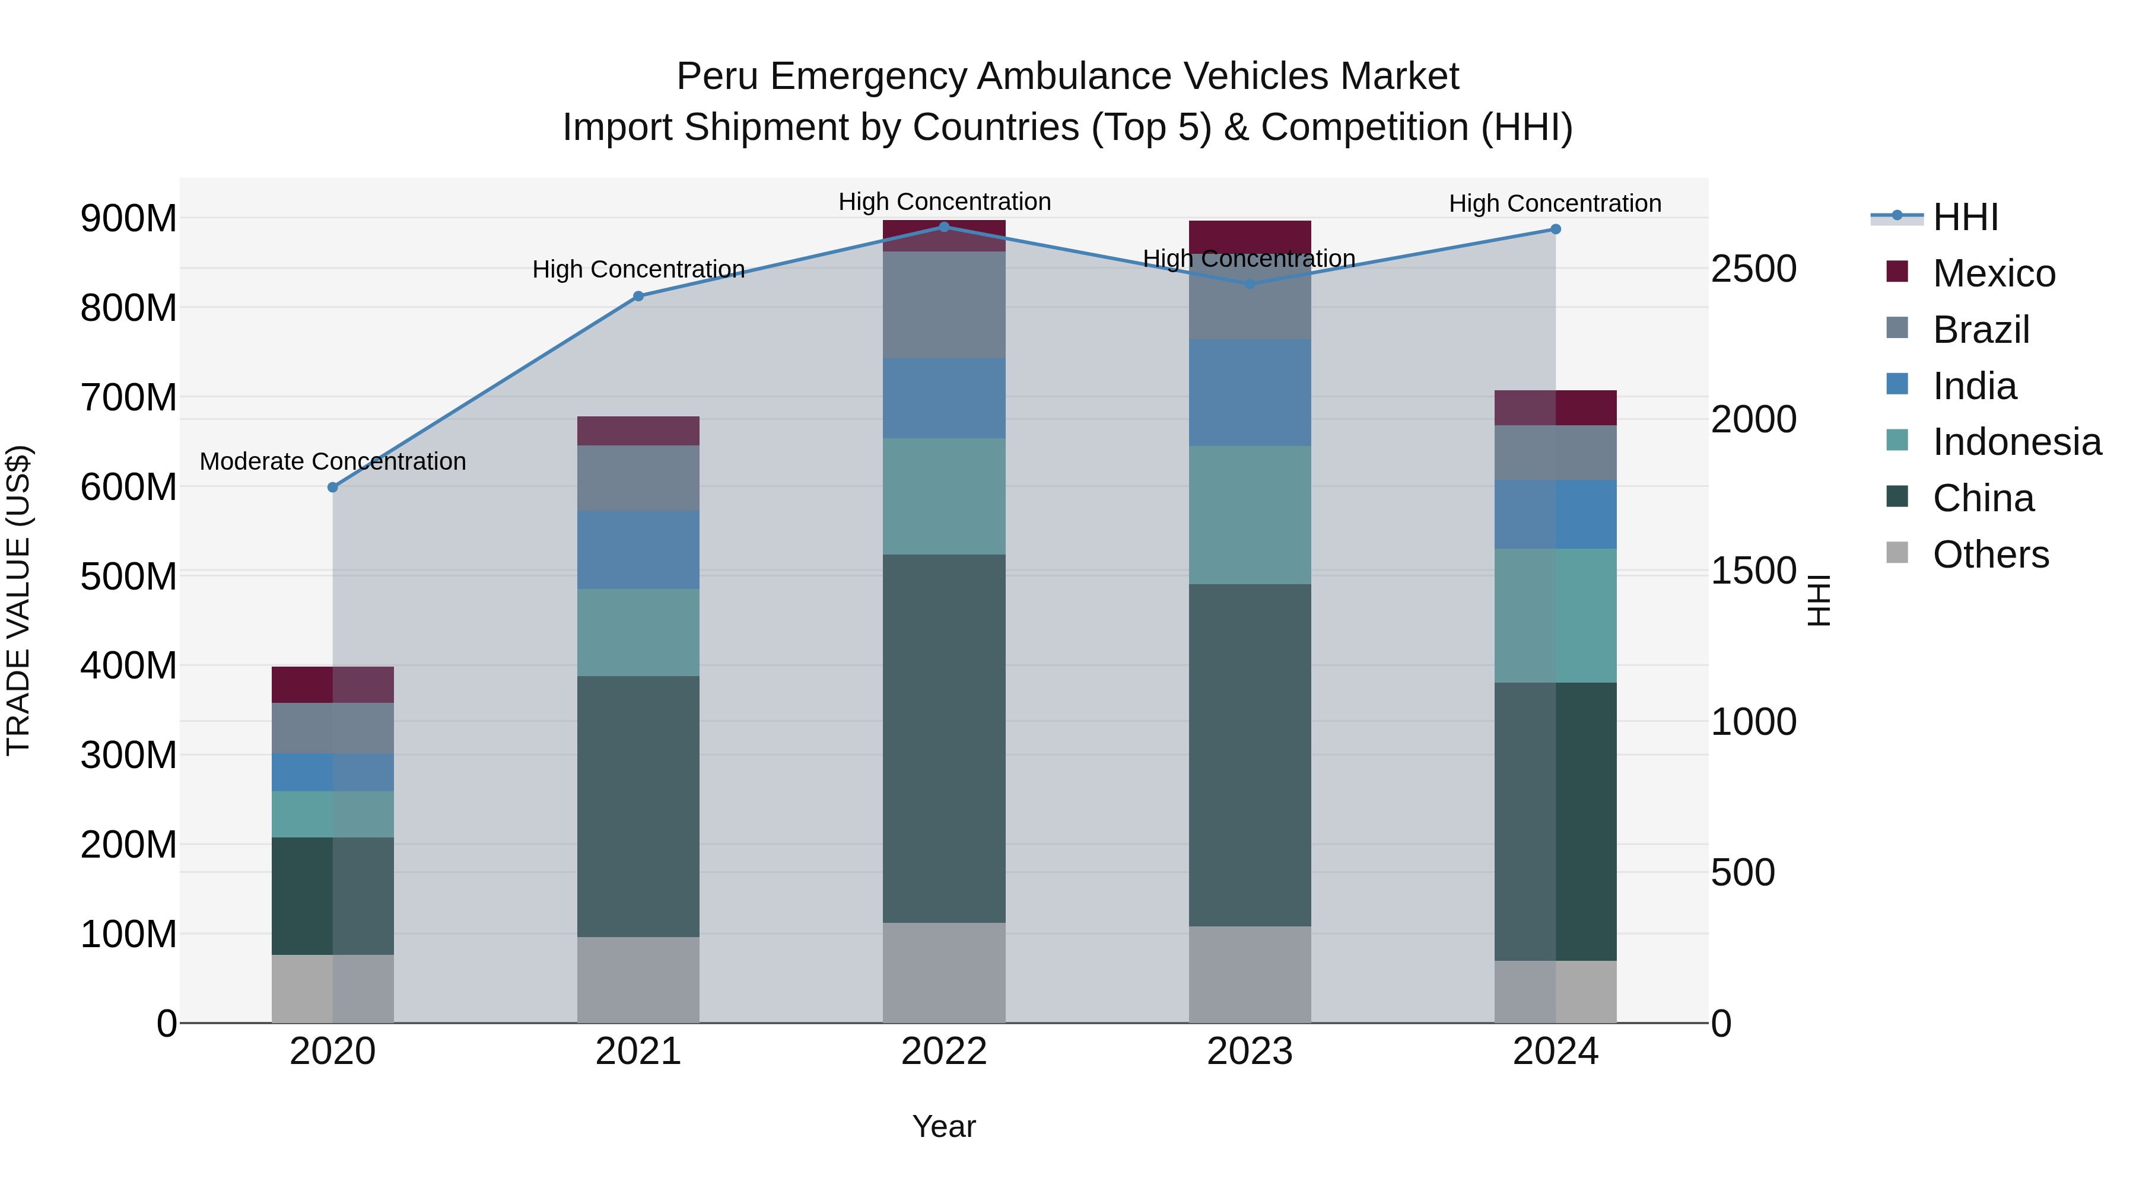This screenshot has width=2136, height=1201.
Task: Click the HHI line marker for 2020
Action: tap(332, 488)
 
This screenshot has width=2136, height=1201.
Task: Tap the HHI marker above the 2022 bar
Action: tap(943, 227)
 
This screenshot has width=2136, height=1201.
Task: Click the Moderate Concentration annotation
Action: tap(332, 461)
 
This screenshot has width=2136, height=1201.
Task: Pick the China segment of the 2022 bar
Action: tap(943, 738)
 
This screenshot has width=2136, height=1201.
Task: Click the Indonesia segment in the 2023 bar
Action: tap(1250, 515)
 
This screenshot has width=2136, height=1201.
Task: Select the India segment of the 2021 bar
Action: tap(638, 550)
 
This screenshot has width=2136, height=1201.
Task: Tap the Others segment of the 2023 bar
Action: tap(1250, 974)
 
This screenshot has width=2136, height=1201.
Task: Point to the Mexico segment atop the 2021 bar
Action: tap(638, 431)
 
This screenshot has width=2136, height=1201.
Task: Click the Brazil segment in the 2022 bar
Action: tap(943, 304)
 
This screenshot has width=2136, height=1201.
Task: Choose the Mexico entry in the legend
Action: tap(1994, 273)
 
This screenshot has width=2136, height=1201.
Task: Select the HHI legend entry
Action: tap(1965, 217)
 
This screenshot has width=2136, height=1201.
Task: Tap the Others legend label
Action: tap(1990, 555)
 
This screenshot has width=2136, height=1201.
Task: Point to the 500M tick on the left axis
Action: tap(129, 576)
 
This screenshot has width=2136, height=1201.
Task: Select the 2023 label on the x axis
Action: tap(1250, 1052)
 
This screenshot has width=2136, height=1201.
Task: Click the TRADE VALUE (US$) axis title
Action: tap(18, 600)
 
